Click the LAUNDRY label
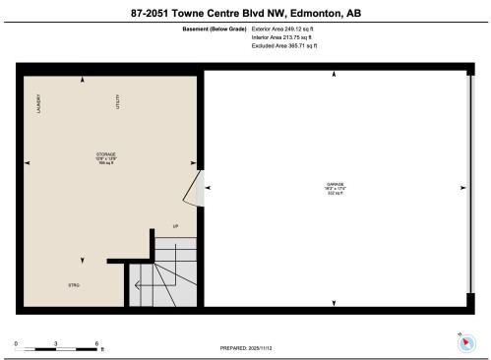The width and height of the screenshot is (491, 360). [x=38, y=103]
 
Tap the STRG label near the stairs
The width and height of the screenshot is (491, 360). [x=73, y=285]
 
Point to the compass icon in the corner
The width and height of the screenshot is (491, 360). [x=464, y=340]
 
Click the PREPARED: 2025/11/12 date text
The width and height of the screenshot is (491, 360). [x=246, y=347]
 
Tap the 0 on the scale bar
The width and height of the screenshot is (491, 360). [x=17, y=342]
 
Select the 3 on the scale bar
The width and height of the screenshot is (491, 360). [x=56, y=342]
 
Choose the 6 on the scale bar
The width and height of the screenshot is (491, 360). [x=96, y=342]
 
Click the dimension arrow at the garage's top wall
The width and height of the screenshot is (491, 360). [x=335, y=75]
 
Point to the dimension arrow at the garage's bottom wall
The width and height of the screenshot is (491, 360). [x=335, y=302]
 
